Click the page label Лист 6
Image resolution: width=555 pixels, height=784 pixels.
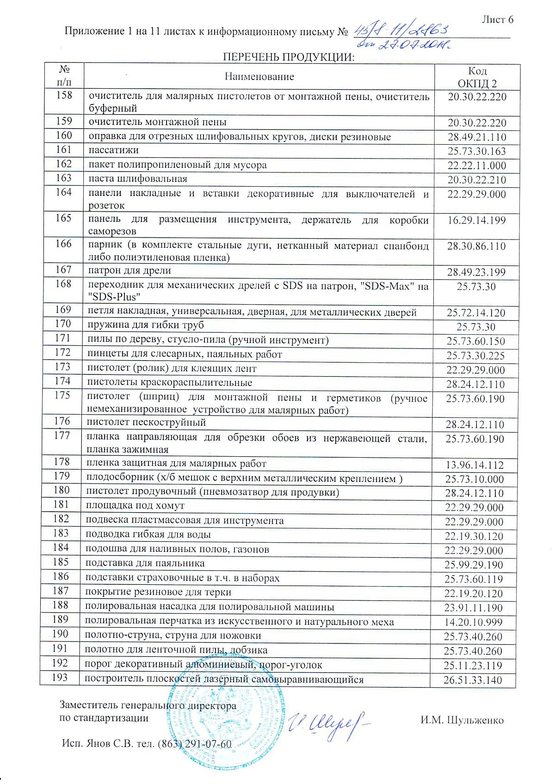(x=497, y=19)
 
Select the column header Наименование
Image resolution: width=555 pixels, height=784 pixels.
(x=259, y=76)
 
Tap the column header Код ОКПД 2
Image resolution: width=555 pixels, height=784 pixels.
(x=477, y=77)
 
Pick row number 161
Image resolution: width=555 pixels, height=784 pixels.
(x=64, y=150)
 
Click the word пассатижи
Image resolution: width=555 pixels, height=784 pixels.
(x=113, y=150)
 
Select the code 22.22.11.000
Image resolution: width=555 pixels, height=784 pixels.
(x=477, y=165)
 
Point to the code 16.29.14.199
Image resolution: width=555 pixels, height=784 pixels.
(x=476, y=220)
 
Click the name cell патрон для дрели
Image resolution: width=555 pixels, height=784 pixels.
(x=129, y=270)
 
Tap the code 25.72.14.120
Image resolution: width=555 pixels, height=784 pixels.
(x=476, y=313)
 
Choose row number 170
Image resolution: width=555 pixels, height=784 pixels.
(x=63, y=324)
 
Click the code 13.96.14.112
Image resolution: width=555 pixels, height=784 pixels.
(x=475, y=465)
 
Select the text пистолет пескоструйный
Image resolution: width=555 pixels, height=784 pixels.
(x=147, y=423)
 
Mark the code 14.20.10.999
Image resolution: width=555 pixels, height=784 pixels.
(x=473, y=622)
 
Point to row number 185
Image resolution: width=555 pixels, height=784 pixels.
(x=61, y=562)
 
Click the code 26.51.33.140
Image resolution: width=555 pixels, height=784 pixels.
(x=473, y=680)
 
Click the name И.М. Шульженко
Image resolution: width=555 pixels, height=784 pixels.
(x=462, y=720)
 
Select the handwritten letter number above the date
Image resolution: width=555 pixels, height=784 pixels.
(x=401, y=31)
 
